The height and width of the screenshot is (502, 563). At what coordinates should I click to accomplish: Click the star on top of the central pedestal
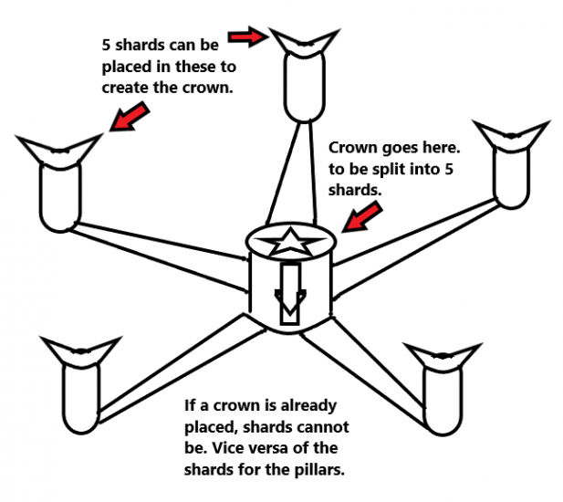coord(291,244)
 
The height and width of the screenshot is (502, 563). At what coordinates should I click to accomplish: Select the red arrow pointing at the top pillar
coord(245,36)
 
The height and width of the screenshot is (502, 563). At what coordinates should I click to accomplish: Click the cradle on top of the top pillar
coord(300,40)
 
